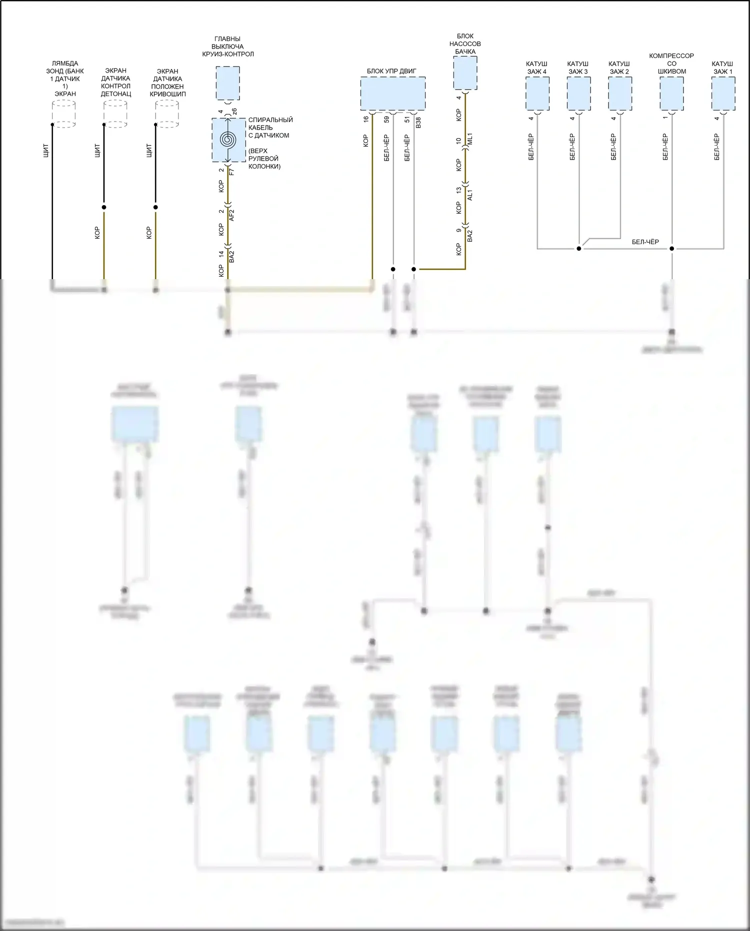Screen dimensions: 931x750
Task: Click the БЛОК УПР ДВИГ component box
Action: [392, 94]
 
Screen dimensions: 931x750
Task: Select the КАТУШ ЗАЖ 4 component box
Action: [537, 94]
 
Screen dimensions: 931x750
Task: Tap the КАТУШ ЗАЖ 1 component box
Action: [723, 94]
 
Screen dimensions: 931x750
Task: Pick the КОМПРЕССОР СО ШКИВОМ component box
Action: [671, 94]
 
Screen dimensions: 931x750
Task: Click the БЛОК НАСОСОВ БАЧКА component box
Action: [465, 73]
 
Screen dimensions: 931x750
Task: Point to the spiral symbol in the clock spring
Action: [227, 140]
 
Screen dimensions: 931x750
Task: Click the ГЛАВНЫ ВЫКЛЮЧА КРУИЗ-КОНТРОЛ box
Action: [227, 83]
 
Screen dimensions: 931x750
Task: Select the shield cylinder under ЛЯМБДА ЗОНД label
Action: [64, 114]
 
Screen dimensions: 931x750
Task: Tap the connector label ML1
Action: [470, 139]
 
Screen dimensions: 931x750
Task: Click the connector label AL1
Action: [470, 195]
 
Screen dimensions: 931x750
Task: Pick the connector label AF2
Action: [231, 215]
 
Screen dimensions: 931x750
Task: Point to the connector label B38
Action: [418, 123]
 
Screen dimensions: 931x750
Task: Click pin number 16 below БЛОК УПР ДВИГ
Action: [366, 119]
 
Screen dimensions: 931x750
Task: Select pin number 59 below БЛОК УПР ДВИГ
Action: [386, 119]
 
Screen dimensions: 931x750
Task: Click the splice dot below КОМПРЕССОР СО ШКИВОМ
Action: [671, 249]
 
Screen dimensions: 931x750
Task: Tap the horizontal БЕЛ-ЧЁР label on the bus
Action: [645, 242]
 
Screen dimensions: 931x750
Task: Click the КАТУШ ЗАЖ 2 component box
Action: [620, 94]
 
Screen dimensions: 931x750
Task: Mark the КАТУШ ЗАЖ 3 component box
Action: [578, 94]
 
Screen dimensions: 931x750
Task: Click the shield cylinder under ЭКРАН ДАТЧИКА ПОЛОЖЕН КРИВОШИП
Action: [167, 114]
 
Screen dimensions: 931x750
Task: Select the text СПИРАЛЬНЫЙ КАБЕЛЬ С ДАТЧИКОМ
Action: [270, 128]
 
